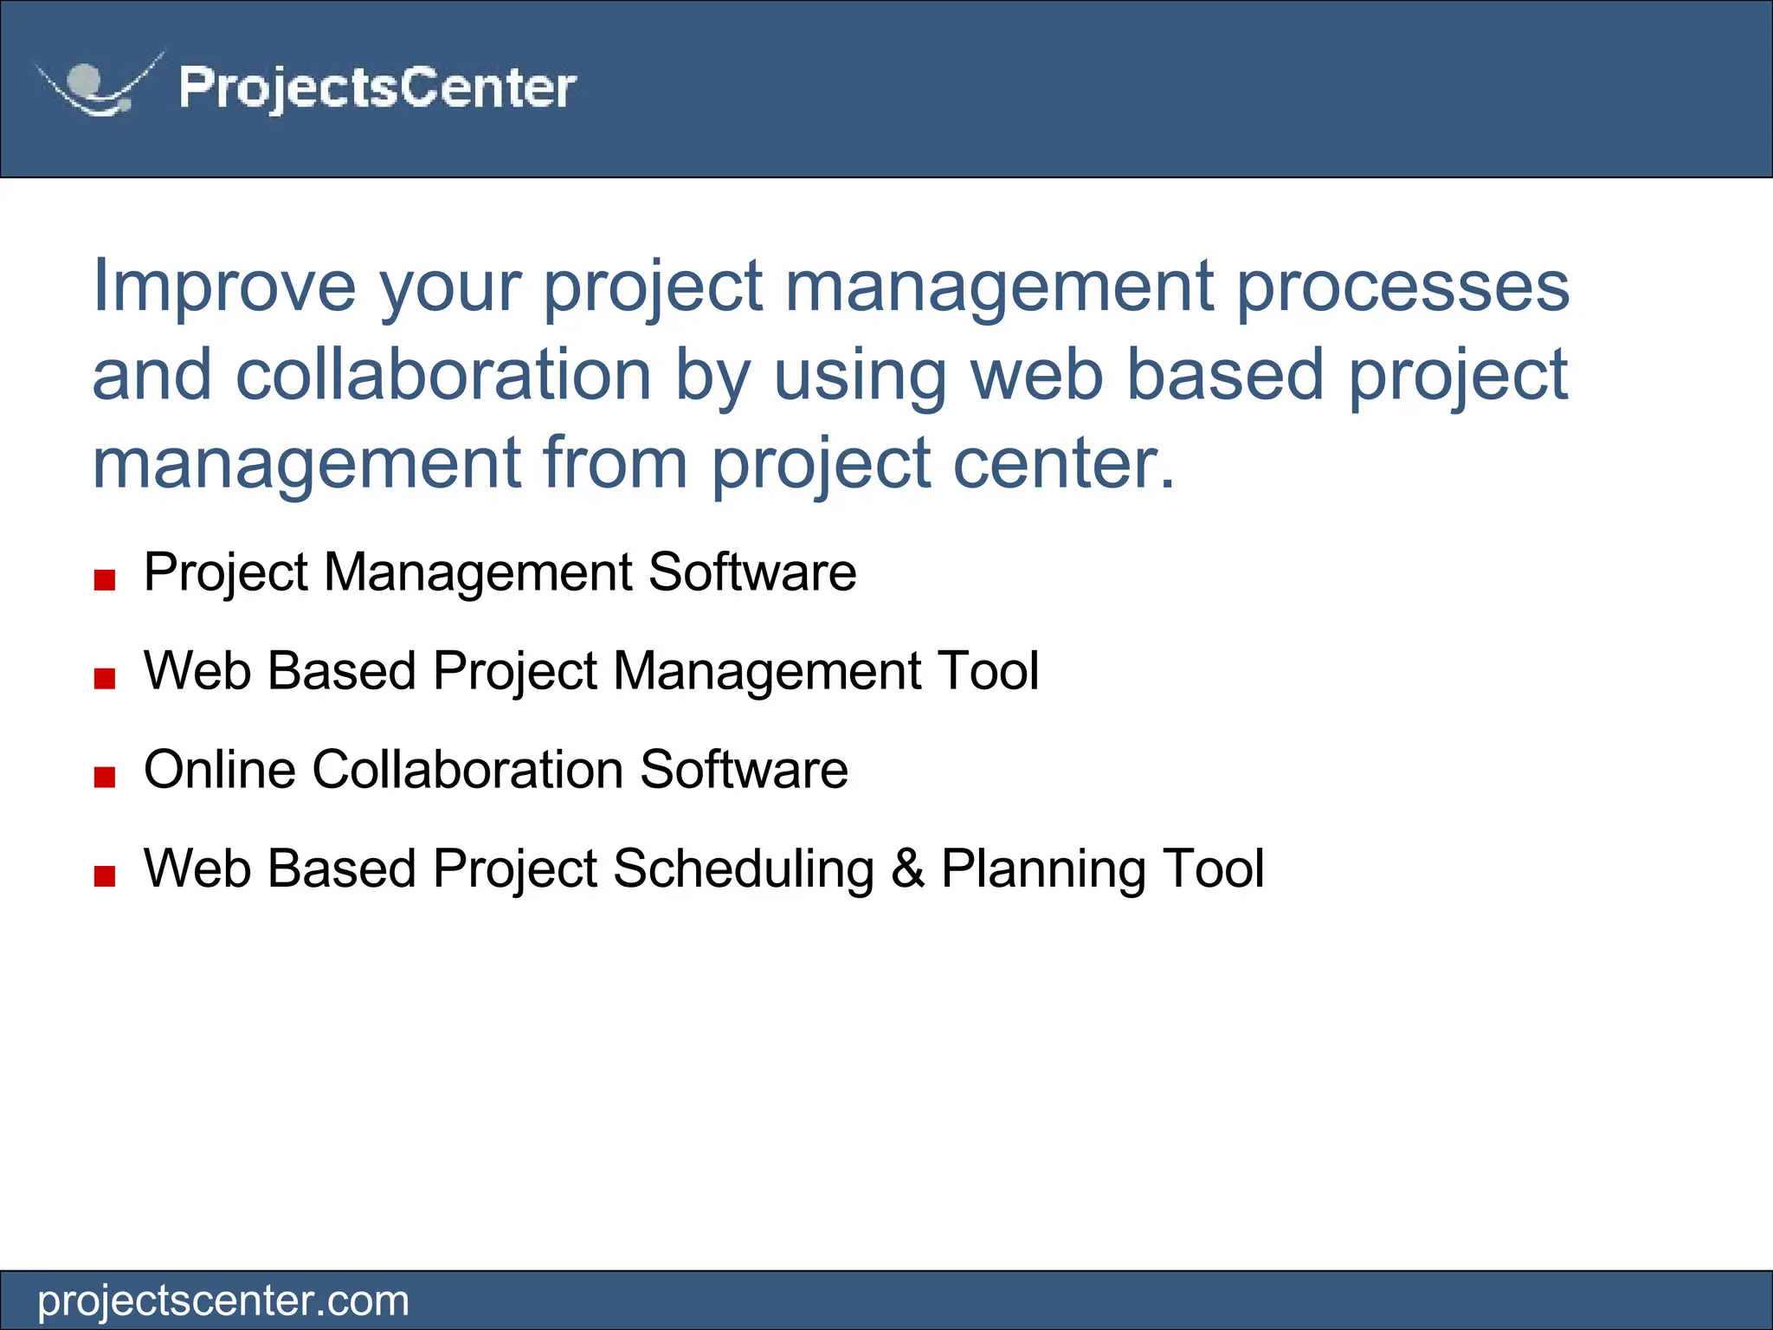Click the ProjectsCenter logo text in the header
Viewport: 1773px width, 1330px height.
coord(377,87)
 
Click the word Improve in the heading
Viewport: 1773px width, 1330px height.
coord(224,286)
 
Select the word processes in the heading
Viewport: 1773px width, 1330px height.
coord(1402,286)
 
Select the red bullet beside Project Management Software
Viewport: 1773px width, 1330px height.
coord(105,579)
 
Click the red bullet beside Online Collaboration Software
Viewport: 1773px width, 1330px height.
coord(105,777)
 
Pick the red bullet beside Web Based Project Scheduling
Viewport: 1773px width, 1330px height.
coord(105,875)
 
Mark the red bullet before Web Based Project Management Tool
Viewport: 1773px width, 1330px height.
coord(105,678)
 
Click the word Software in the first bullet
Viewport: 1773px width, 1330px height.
coord(751,572)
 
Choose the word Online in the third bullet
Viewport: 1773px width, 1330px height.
coord(220,770)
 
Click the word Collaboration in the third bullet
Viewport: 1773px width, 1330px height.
coord(467,770)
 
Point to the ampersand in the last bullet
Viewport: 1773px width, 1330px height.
coord(907,868)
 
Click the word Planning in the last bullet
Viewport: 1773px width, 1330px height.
coord(1043,868)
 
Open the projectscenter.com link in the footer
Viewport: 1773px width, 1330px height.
coord(223,1301)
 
